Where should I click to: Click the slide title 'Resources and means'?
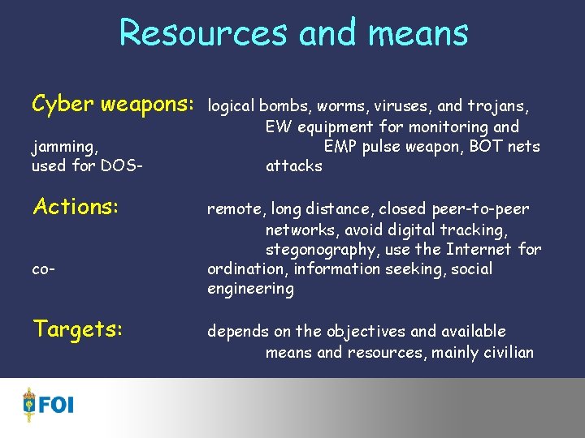coord(293,33)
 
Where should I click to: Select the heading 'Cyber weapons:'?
coord(113,105)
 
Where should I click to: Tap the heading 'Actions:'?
coord(76,207)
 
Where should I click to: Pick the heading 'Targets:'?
coord(77,329)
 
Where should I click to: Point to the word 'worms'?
coord(339,105)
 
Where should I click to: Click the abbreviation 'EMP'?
coord(340,147)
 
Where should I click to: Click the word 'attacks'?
coord(294,166)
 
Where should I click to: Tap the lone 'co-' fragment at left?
coord(43,268)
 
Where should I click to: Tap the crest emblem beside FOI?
coord(30,404)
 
